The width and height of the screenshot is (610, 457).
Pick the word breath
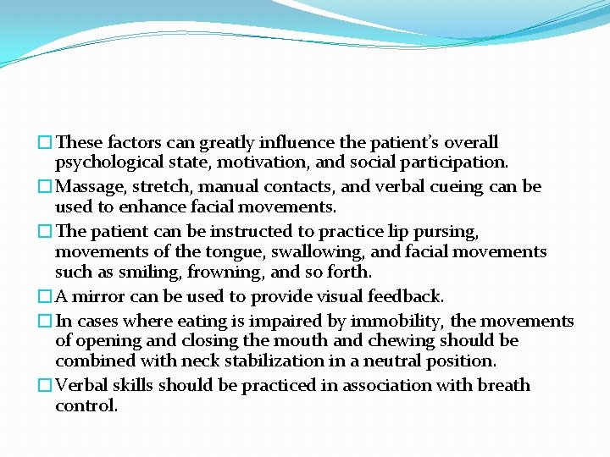502,386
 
